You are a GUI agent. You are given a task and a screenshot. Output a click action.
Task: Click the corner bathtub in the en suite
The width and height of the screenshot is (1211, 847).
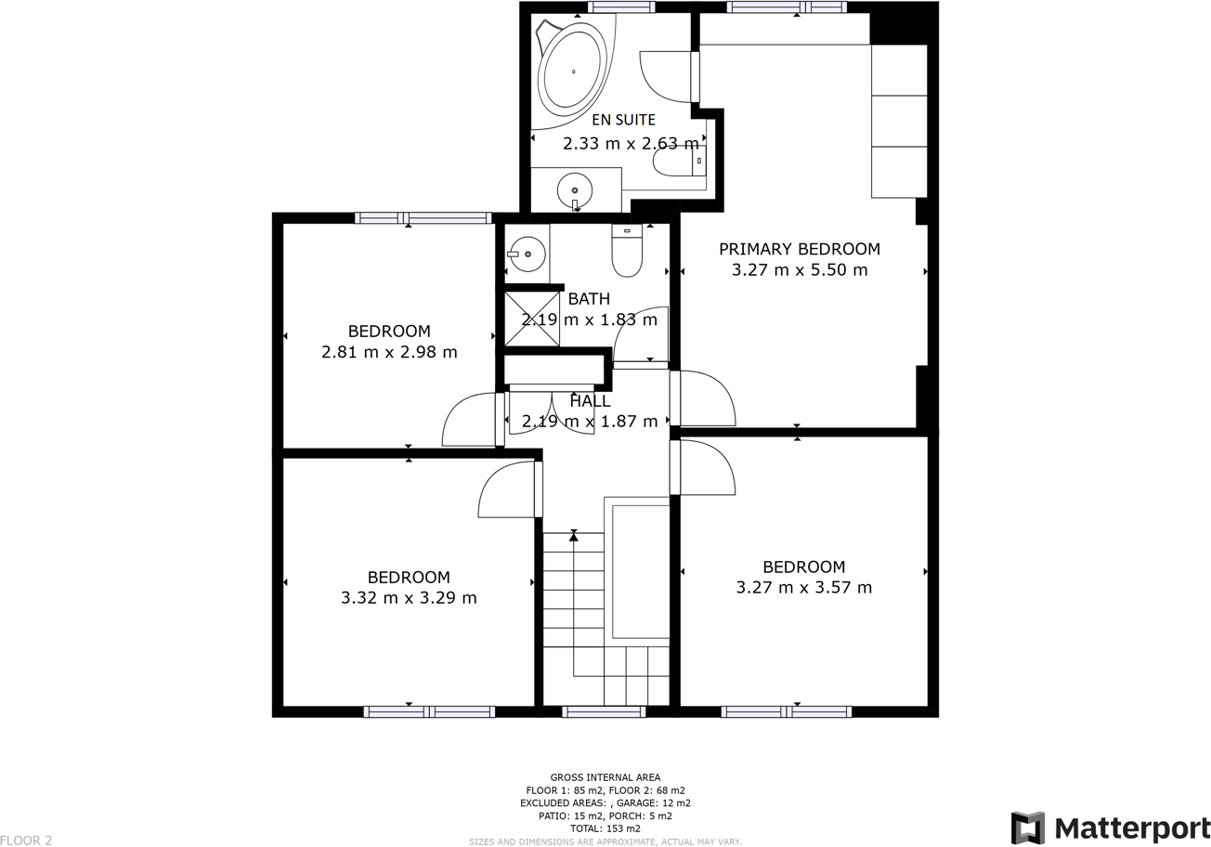pyautogui.click(x=572, y=72)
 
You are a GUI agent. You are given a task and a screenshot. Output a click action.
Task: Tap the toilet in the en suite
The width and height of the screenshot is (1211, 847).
pyautogui.click(x=678, y=163)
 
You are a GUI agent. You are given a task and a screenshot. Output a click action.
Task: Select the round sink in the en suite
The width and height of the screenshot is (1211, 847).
pyautogui.click(x=574, y=190)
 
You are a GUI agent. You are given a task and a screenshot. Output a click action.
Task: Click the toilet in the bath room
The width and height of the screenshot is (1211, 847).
pyautogui.click(x=627, y=252)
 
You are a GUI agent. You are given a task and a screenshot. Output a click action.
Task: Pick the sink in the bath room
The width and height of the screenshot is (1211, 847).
pyautogui.click(x=527, y=254)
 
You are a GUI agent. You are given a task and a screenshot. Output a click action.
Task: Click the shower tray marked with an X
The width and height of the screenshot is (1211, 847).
pyautogui.click(x=532, y=319)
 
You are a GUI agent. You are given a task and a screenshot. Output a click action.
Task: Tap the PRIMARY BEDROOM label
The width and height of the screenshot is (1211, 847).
pyautogui.click(x=799, y=249)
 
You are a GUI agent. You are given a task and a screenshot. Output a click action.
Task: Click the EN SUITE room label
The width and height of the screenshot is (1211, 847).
pyautogui.click(x=623, y=120)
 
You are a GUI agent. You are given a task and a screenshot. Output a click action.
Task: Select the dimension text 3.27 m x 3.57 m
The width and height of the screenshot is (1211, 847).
pyautogui.click(x=803, y=587)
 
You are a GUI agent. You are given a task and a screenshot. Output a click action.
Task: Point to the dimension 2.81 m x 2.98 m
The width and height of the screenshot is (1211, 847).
pyautogui.click(x=389, y=352)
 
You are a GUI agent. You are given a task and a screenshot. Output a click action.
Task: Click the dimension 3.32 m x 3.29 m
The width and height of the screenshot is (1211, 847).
pyautogui.click(x=409, y=597)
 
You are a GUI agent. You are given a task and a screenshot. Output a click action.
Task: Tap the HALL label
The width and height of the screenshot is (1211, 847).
pyautogui.click(x=590, y=401)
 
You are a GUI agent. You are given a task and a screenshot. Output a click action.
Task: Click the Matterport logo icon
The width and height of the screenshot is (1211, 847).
pyautogui.click(x=1027, y=827)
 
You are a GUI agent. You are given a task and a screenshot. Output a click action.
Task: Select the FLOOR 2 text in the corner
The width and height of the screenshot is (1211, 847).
pyautogui.click(x=26, y=840)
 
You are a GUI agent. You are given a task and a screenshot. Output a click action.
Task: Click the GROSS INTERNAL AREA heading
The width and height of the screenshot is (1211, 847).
pyautogui.click(x=605, y=777)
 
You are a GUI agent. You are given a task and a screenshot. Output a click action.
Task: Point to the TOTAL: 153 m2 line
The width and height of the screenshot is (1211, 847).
pyautogui.click(x=605, y=827)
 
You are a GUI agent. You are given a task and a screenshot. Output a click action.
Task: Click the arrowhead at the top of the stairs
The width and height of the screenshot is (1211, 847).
pyautogui.click(x=574, y=536)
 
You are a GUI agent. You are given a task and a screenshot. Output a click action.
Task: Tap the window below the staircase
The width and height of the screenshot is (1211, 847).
pyautogui.click(x=604, y=711)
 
